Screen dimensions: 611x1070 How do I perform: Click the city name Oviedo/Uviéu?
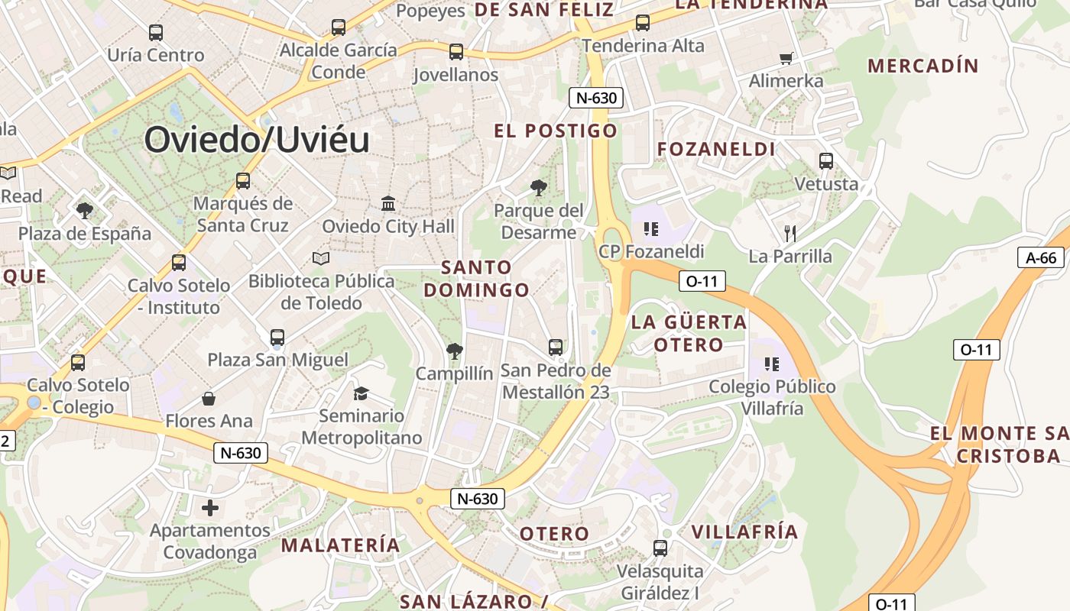pyautogui.click(x=257, y=141)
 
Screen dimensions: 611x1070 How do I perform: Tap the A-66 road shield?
pyautogui.click(x=1041, y=257)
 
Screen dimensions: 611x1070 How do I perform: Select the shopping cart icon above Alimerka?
pyautogui.click(x=786, y=58)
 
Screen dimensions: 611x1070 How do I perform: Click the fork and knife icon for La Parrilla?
pyautogui.click(x=790, y=233)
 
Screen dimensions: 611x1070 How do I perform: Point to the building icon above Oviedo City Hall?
pyautogui.click(x=388, y=204)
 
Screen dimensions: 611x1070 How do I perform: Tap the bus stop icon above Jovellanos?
pyautogui.click(x=456, y=52)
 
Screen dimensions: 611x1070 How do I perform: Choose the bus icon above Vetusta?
pyautogui.click(x=826, y=161)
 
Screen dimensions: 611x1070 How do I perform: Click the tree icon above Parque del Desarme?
pyautogui.click(x=539, y=187)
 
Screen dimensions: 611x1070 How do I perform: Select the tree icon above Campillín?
pyautogui.click(x=455, y=351)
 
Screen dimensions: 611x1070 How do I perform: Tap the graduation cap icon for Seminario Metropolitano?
pyautogui.click(x=361, y=393)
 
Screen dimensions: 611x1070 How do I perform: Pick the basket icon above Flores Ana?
pyautogui.click(x=209, y=399)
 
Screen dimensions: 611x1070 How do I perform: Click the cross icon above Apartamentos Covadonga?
pyautogui.click(x=210, y=507)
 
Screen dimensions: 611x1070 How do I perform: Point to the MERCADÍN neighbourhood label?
pyautogui.click(x=923, y=66)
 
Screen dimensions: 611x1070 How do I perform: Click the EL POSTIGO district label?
pyautogui.click(x=556, y=131)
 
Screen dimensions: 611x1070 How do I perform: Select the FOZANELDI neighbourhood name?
pyautogui.click(x=716, y=149)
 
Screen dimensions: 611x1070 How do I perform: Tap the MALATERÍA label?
pyautogui.click(x=341, y=545)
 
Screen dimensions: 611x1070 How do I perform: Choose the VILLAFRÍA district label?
pyautogui.click(x=744, y=532)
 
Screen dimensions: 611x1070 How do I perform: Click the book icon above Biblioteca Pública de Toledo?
pyautogui.click(x=321, y=259)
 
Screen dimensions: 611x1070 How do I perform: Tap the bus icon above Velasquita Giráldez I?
pyautogui.click(x=660, y=548)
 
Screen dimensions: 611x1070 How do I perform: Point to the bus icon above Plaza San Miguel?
pyautogui.click(x=277, y=337)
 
